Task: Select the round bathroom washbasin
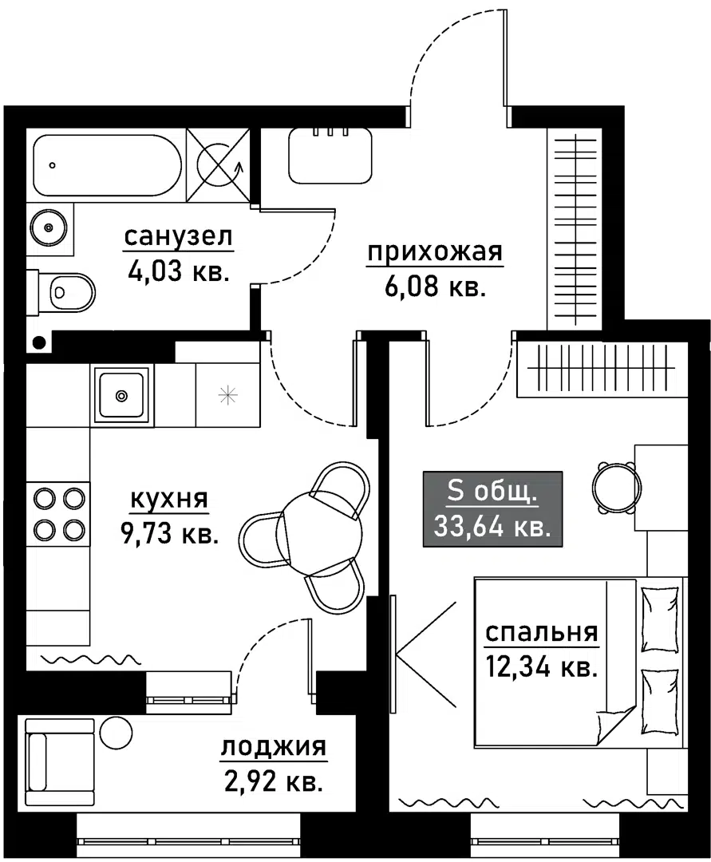49,228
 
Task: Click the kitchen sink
121,394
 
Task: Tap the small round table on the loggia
116,732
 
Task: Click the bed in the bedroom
579,659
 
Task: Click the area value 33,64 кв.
492,525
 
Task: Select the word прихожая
435,253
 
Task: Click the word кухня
168,500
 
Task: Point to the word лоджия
273,748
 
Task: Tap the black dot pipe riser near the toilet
39,343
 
